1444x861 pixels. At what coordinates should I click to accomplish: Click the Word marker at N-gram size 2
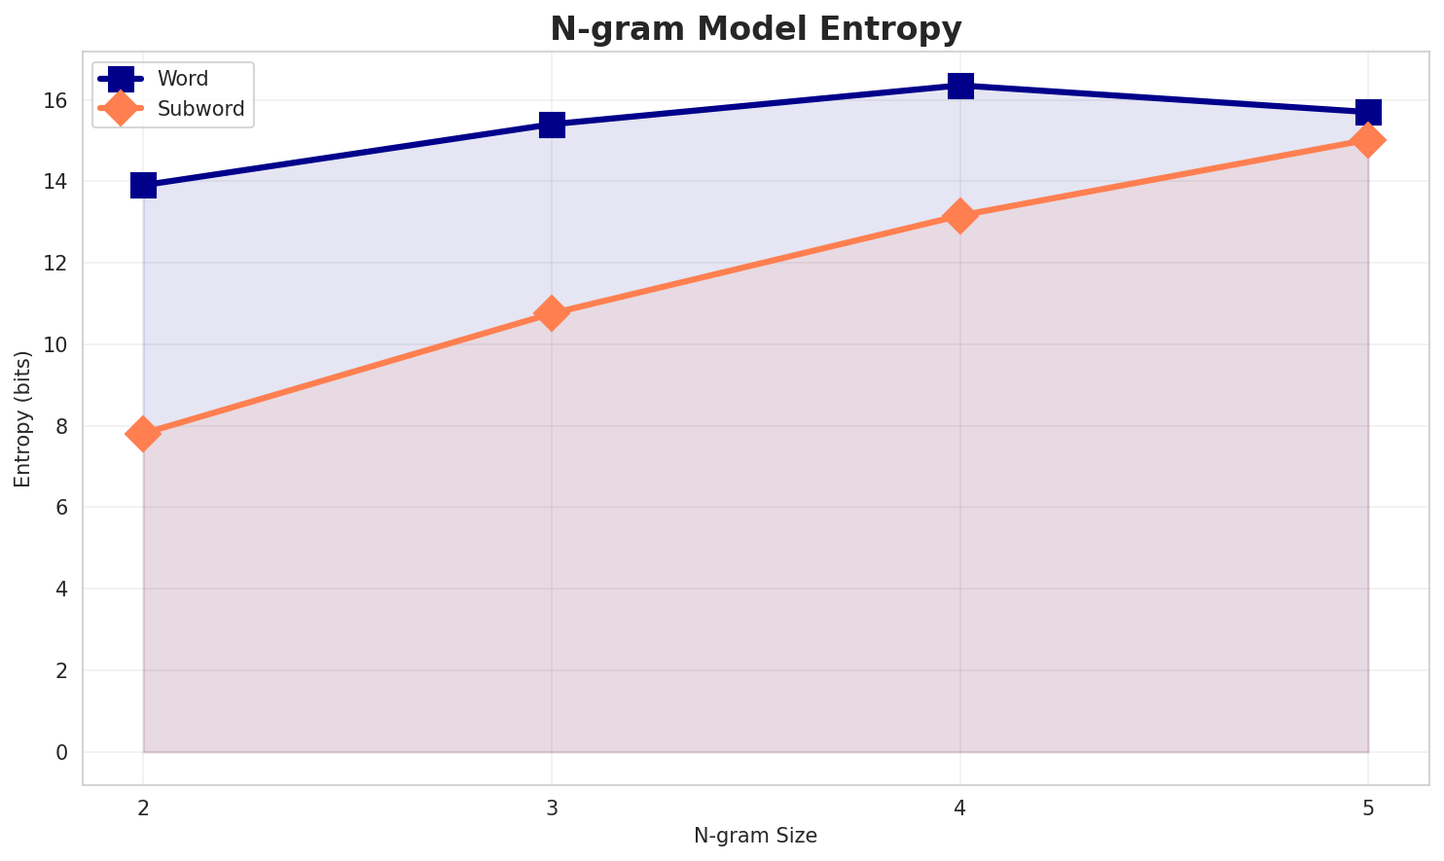143,185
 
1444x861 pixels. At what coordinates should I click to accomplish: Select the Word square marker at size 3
552,125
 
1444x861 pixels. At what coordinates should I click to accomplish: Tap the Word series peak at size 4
960,86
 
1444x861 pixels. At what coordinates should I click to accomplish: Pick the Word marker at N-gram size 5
1368,112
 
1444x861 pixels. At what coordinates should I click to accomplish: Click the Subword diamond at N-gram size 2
143,434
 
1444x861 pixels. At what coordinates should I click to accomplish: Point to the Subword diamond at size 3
552,313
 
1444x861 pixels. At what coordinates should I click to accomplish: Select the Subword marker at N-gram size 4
960,216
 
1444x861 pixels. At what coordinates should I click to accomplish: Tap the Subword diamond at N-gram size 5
1368,140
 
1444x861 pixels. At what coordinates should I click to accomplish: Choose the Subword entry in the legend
200,108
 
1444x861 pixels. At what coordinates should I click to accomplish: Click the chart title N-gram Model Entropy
756,29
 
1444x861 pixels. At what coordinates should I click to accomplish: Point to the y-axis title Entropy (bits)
22,418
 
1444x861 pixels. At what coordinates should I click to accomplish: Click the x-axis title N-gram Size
755,836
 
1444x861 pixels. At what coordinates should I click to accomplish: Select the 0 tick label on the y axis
60,753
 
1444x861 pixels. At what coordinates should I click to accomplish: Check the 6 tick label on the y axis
60,508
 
